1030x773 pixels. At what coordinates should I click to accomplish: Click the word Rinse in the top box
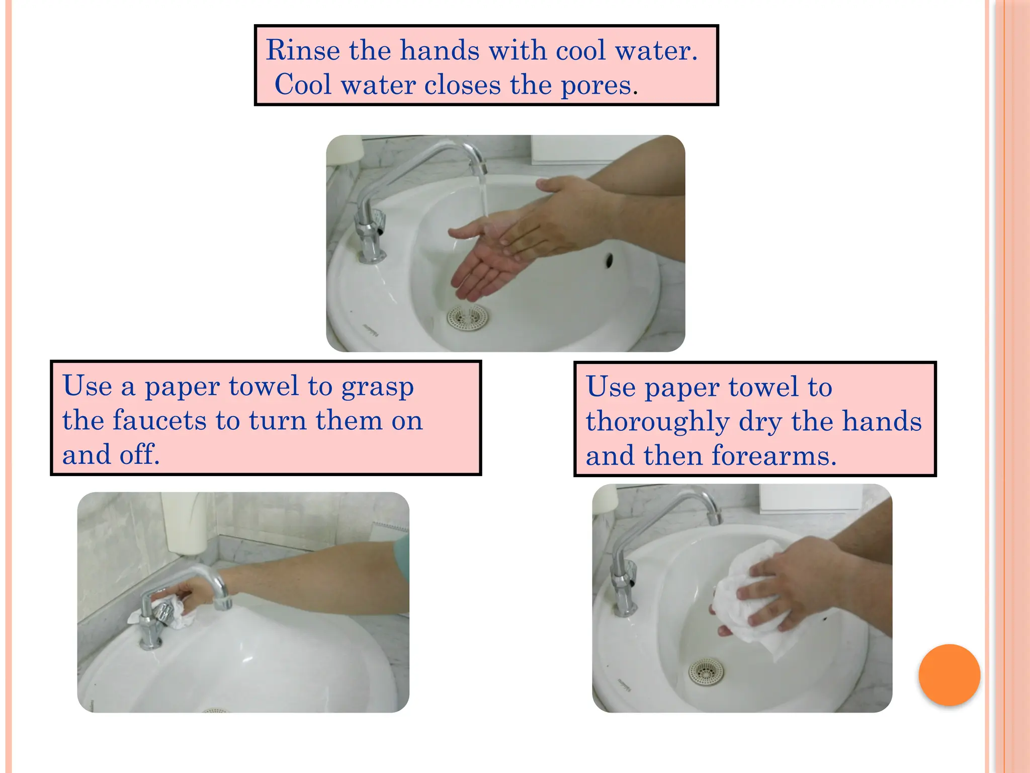(303, 51)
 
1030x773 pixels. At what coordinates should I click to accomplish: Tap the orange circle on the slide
(949, 675)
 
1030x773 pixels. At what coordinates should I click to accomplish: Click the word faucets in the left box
(159, 421)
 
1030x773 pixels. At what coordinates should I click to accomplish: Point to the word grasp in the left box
(378, 388)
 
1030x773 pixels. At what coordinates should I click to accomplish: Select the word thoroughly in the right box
(657, 422)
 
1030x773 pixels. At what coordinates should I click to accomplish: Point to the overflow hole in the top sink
(609, 260)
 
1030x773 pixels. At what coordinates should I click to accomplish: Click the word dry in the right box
(760, 422)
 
